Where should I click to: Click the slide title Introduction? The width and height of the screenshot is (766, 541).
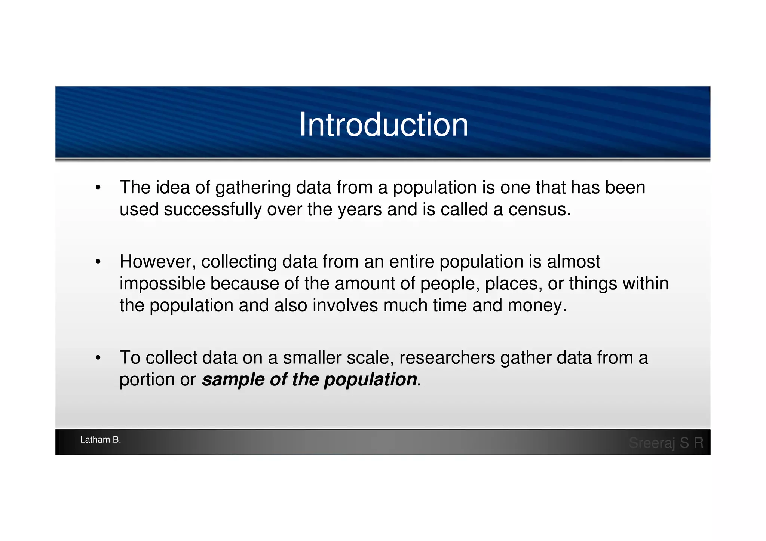tap(383, 125)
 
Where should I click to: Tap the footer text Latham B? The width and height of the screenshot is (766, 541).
tap(100, 440)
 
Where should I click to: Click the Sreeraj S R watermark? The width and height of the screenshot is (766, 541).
tap(666, 443)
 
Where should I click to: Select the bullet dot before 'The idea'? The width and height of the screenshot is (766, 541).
tap(98, 188)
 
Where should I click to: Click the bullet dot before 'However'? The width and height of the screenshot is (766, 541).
tap(98, 262)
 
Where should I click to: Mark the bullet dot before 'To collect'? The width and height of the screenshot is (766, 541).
tap(98, 358)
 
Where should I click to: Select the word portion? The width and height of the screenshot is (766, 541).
tap(147, 380)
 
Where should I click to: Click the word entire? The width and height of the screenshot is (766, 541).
tap(411, 262)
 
